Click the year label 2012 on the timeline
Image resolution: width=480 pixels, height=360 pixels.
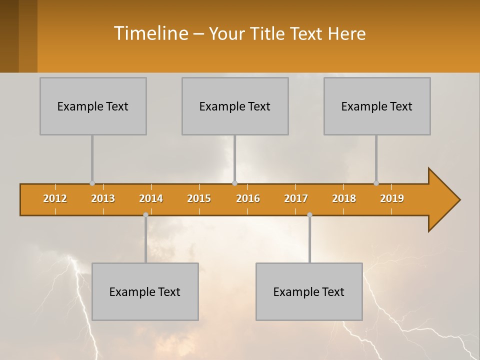pos(55,198)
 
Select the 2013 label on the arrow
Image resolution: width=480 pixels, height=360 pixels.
pos(103,198)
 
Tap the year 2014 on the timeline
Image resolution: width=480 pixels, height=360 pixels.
pos(151,198)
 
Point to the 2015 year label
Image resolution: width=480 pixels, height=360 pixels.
pos(199,198)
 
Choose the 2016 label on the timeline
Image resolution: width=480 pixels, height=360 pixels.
pos(248,198)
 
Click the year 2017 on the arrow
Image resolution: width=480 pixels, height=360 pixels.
pos(296,198)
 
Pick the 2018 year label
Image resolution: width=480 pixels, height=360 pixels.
pos(344,198)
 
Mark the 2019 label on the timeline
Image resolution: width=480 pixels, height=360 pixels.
pos(392,198)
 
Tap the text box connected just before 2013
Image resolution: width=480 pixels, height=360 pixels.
pos(93,106)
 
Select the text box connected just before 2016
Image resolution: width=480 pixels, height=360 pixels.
pos(235,106)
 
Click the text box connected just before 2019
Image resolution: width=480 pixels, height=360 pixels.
pos(377,106)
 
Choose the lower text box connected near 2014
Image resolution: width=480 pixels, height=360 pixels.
pos(145,291)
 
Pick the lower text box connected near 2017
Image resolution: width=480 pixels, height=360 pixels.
pos(309,291)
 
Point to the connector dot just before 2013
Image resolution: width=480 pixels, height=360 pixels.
pos(92,183)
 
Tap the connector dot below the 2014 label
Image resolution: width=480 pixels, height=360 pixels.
pos(145,215)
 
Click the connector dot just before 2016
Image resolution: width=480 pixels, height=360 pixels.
pos(234,183)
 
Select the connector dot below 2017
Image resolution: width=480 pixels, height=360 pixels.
pos(309,215)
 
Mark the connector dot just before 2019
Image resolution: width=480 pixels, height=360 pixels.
pos(376,183)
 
